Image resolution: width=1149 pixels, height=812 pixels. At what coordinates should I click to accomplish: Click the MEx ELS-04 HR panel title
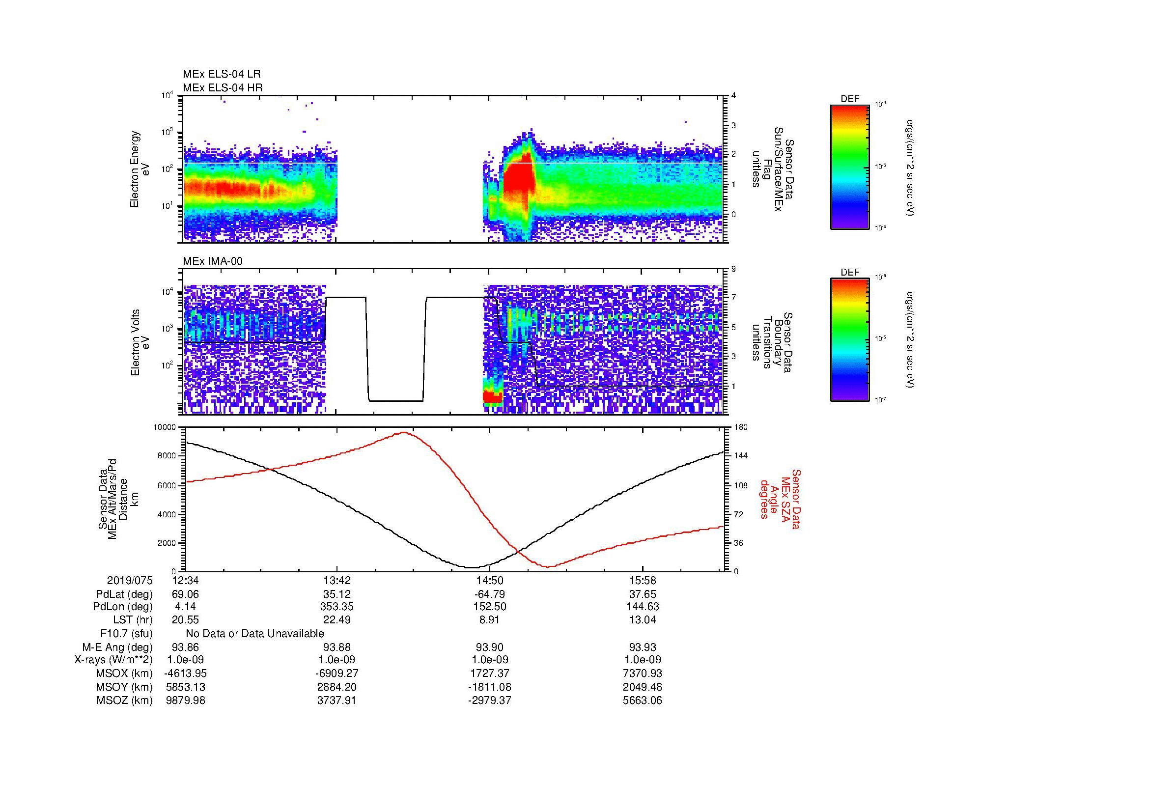click(x=223, y=87)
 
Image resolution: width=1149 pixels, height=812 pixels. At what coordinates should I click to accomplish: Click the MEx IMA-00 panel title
click(x=213, y=261)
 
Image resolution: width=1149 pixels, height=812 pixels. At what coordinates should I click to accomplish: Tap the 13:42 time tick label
click(x=337, y=581)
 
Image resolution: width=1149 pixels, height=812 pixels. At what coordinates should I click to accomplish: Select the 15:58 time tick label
click(x=642, y=581)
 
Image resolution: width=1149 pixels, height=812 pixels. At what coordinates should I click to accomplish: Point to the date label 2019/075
click(x=130, y=581)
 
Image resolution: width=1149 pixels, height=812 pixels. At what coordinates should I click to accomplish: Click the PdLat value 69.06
click(x=185, y=594)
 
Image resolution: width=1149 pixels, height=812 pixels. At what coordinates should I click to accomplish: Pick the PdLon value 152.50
click(x=489, y=607)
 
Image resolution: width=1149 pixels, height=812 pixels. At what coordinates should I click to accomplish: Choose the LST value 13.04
click(x=642, y=620)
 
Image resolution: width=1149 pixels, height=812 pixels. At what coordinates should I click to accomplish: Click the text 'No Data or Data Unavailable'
click(x=255, y=634)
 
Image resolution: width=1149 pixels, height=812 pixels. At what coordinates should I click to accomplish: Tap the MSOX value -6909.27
click(x=337, y=673)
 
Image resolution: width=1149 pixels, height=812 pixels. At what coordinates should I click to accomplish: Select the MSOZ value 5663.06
click(x=642, y=700)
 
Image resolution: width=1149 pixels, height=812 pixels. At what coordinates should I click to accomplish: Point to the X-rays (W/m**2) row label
click(x=113, y=660)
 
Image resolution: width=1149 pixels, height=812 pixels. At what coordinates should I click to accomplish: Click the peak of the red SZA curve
click(x=404, y=433)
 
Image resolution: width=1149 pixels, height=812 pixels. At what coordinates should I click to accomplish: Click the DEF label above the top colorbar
click(x=850, y=99)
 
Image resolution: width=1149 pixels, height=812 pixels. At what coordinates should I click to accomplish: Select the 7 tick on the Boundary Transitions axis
click(x=733, y=298)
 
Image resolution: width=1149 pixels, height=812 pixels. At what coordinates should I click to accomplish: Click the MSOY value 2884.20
click(x=337, y=687)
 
